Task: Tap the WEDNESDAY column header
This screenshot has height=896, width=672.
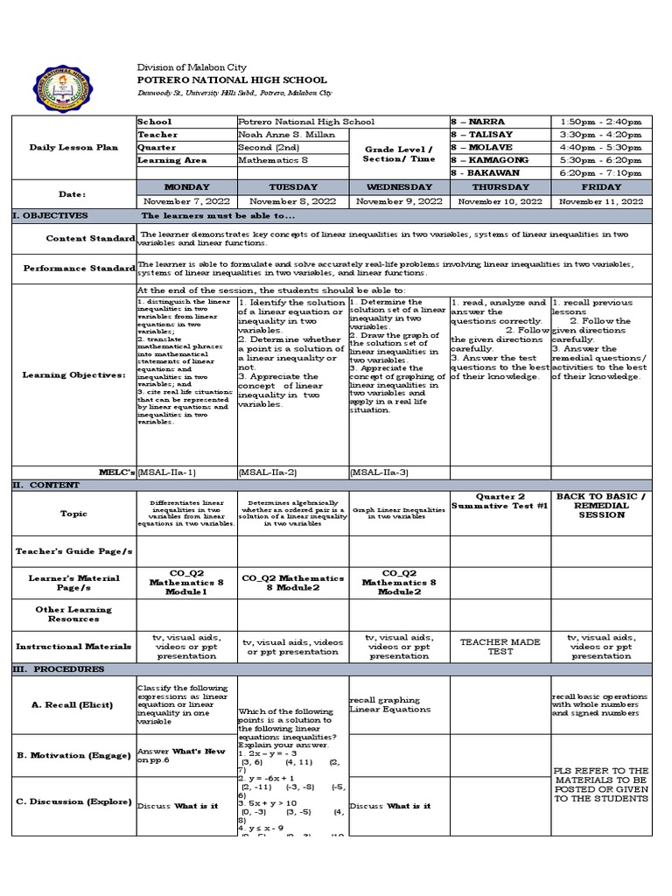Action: point(398,186)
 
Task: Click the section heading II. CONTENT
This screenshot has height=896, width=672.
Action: point(45,485)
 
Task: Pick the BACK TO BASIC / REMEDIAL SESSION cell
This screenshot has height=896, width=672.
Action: point(601,506)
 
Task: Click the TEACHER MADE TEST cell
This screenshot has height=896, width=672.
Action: point(500,647)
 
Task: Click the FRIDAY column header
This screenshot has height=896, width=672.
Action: point(601,186)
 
